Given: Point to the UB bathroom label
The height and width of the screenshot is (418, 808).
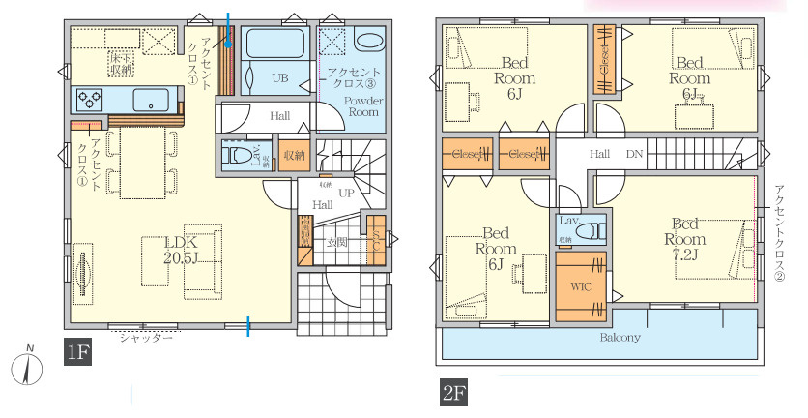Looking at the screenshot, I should pos(279,77).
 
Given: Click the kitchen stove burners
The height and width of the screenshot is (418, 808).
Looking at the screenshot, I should pos(92,98).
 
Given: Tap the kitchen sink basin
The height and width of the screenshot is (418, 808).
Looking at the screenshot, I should pos(152,100).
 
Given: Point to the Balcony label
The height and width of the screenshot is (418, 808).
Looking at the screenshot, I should pos(620,338).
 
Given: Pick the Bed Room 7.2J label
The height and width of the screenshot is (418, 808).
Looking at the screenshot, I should pos(683,239).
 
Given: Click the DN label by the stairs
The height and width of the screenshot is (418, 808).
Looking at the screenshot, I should pos(634,154).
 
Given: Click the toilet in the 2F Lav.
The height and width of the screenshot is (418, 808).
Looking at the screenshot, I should pos(595,231).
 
